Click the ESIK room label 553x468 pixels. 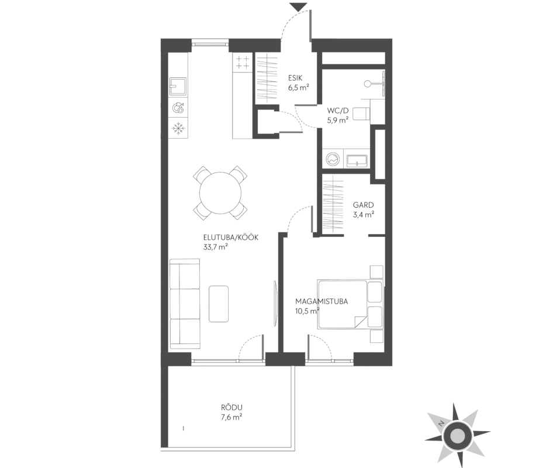coord(295,78)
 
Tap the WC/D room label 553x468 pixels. coord(337,111)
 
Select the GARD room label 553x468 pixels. coord(363,205)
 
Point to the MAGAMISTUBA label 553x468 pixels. coord(322,301)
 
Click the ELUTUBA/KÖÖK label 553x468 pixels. coord(231,238)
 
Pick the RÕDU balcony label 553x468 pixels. coord(231,407)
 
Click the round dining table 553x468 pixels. coord(220,193)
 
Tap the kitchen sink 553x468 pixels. coord(178,87)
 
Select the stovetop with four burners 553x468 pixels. coord(242,62)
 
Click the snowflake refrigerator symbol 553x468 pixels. coord(178,128)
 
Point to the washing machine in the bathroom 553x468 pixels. coord(332,160)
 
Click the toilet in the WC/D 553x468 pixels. coord(361,113)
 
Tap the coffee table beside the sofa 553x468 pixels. coord(219,304)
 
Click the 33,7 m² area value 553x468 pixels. coord(215,247)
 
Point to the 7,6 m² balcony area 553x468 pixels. coord(231,417)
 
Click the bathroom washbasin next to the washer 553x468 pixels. coord(357,160)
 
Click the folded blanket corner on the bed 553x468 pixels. coord(358,321)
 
